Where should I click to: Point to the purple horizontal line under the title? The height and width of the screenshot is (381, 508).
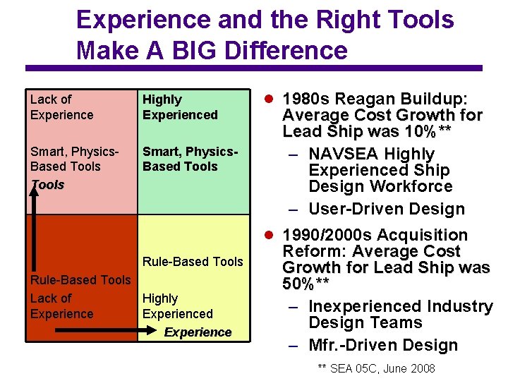click(254, 68)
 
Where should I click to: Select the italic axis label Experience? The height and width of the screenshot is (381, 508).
click(198, 332)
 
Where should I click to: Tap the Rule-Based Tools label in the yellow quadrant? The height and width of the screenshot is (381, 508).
click(193, 262)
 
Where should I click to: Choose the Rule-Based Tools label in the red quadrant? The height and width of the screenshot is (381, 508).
click(80, 280)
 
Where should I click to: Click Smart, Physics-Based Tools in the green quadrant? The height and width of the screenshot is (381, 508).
click(190, 159)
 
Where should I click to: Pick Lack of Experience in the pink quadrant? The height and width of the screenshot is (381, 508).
click(61, 107)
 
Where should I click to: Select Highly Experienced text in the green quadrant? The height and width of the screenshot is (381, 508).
click(180, 107)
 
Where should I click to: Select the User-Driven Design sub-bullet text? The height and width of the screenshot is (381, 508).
click(387, 209)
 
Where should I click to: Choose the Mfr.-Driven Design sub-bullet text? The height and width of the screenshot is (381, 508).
click(383, 345)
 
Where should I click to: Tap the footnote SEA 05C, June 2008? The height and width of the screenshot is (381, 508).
click(376, 368)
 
